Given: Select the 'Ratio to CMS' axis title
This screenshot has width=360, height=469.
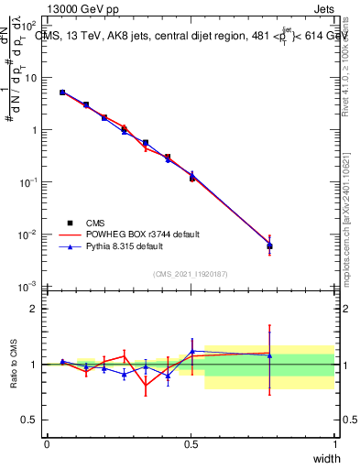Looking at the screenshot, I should tap(12, 364).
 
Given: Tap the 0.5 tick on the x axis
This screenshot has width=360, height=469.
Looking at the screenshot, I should tap(191, 444).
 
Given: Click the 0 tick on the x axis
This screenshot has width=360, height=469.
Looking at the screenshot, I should tap(47, 444).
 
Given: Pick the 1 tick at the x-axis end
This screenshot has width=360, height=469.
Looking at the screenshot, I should tap(334, 444).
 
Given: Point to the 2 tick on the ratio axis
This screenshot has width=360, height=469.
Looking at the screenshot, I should tap(37, 309).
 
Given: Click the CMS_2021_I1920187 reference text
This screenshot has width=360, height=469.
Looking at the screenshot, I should tap(191, 274).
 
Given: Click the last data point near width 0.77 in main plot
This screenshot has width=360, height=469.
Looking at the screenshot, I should tap(269, 245).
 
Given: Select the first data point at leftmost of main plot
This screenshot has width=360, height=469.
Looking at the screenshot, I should tap(62, 93).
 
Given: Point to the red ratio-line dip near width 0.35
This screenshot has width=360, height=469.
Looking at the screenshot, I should tap(146, 387).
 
